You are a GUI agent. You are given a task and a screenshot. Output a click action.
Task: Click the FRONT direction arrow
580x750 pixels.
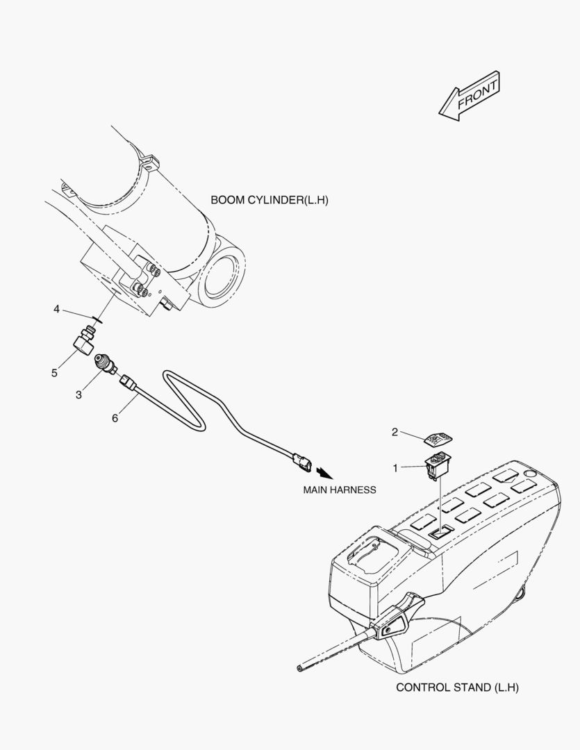pos(469,96)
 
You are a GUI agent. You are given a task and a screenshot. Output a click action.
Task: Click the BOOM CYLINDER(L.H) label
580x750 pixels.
pos(270,200)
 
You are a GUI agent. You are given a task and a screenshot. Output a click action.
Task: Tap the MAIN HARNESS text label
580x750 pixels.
pos(339,490)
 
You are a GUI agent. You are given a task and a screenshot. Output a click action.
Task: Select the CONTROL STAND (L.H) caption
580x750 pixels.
pos(457,687)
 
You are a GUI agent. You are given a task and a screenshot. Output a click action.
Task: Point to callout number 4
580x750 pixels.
pos(56,309)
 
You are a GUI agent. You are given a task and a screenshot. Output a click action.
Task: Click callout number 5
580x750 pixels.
pos(55,373)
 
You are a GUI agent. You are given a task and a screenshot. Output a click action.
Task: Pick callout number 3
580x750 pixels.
pos(78,394)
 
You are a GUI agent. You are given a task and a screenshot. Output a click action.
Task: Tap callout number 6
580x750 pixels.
pos(115,418)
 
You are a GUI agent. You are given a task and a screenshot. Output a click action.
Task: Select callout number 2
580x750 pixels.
pos(395,432)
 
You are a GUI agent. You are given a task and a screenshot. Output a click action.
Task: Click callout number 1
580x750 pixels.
pos(395,468)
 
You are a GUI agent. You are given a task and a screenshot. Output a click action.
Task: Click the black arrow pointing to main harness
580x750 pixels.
pos(324,473)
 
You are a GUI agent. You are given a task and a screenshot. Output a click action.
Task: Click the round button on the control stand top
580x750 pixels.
pos(529,474)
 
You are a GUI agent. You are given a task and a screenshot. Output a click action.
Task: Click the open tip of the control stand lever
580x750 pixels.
pos(299,668)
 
